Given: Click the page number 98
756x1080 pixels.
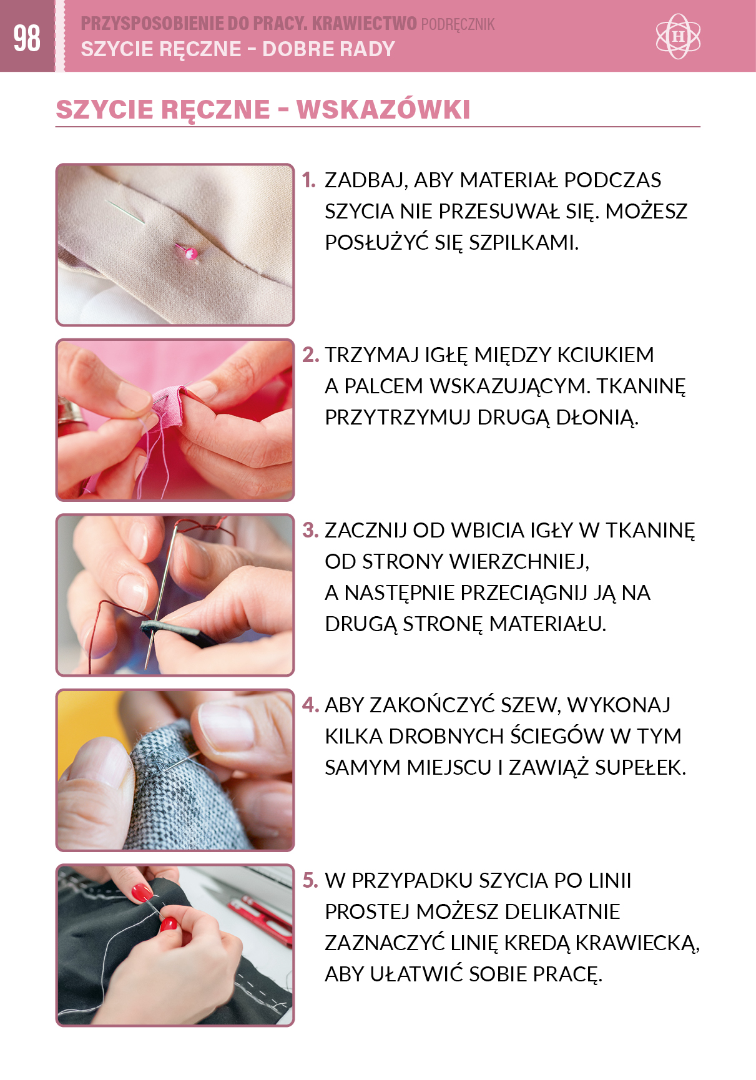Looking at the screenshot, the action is [x=27, y=38].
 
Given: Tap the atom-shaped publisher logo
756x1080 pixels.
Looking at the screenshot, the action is [x=678, y=36].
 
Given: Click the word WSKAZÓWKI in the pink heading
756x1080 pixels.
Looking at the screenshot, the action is [x=383, y=109].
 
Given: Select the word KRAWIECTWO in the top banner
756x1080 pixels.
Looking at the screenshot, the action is [x=364, y=24].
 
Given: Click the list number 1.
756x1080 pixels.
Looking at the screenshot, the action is [x=309, y=180].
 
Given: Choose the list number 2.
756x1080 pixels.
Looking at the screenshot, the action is [x=310, y=355].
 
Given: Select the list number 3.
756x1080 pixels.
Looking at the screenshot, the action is [x=310, y=530].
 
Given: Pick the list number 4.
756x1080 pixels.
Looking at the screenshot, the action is [x=310, y=705].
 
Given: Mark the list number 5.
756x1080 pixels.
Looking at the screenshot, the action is [x=310, y=880].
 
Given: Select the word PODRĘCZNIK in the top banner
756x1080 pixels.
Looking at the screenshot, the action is [x=458, y=24].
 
